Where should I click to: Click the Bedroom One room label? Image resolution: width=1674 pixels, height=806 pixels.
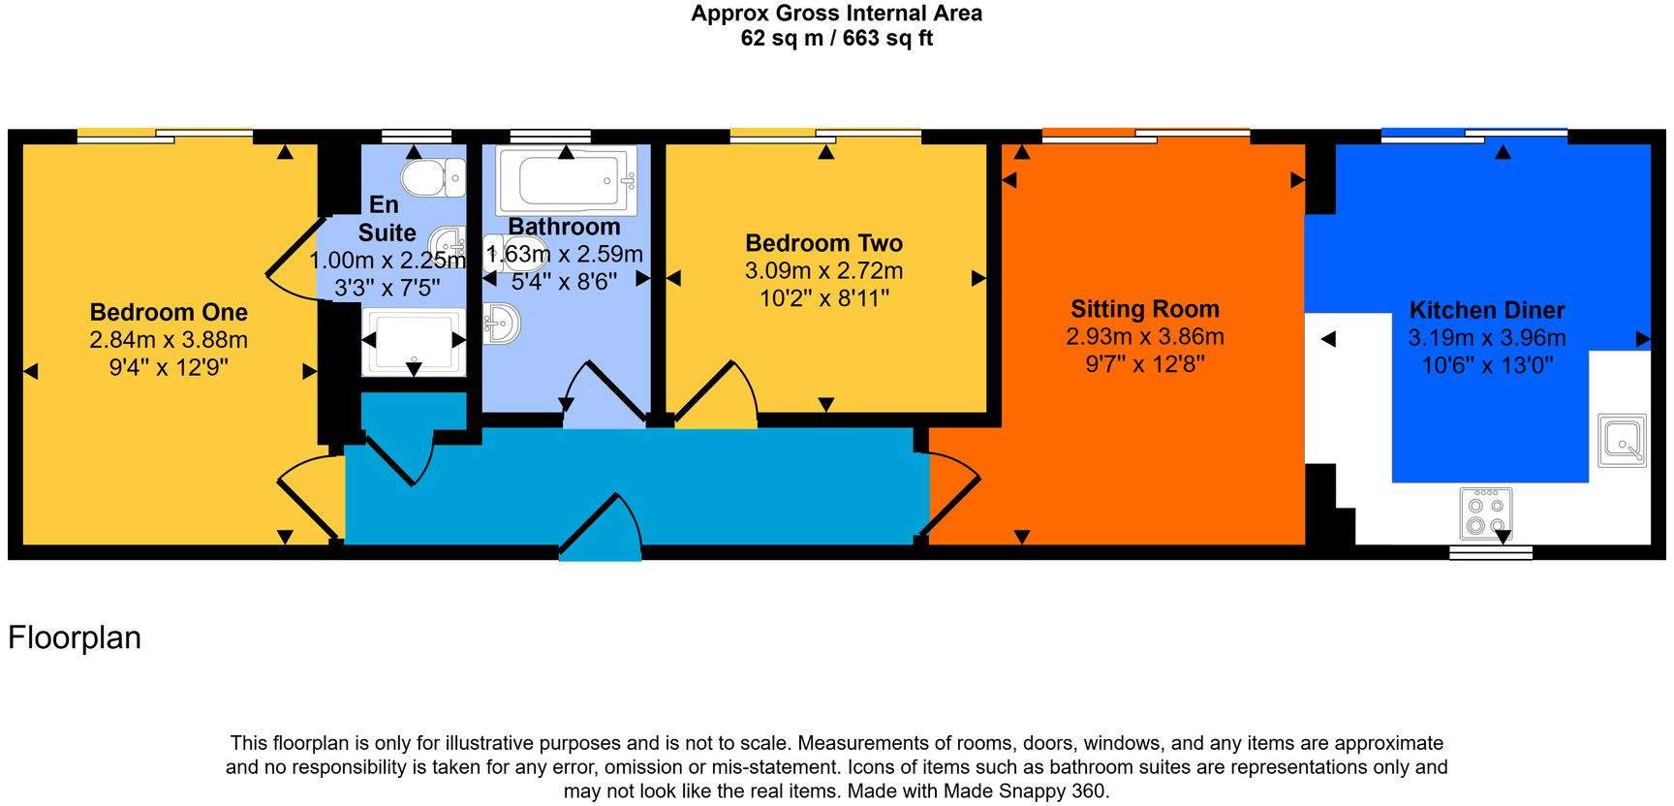tap(169, 312)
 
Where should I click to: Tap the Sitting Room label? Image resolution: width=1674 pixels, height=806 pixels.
tap(1144, 309)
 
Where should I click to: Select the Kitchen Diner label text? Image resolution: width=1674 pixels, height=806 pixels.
tap(1486, 310)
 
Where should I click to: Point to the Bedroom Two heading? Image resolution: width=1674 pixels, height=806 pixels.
tap(823, 243)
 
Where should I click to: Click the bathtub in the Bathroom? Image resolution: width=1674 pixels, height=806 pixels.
tap(567, 180)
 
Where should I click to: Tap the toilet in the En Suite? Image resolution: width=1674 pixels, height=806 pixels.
tap(431, 178)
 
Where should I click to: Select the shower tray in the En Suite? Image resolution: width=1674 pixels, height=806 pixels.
tap(414, 341)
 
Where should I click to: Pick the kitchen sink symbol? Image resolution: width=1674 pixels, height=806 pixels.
tap(1621, 440)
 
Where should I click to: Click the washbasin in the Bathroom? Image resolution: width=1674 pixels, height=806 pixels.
tap(502, 323)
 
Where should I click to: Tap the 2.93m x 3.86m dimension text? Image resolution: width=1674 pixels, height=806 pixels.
tap(1144, 336)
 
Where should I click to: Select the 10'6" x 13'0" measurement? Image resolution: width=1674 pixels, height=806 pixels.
tap(1486, 365)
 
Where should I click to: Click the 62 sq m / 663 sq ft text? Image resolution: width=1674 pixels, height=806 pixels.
tap(836, 39)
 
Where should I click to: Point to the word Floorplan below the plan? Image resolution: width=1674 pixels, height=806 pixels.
tap(75, 637)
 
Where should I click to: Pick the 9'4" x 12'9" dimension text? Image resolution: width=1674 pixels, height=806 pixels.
tap(169, 367)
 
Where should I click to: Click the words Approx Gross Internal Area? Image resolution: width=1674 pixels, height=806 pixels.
tap(836, 14)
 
